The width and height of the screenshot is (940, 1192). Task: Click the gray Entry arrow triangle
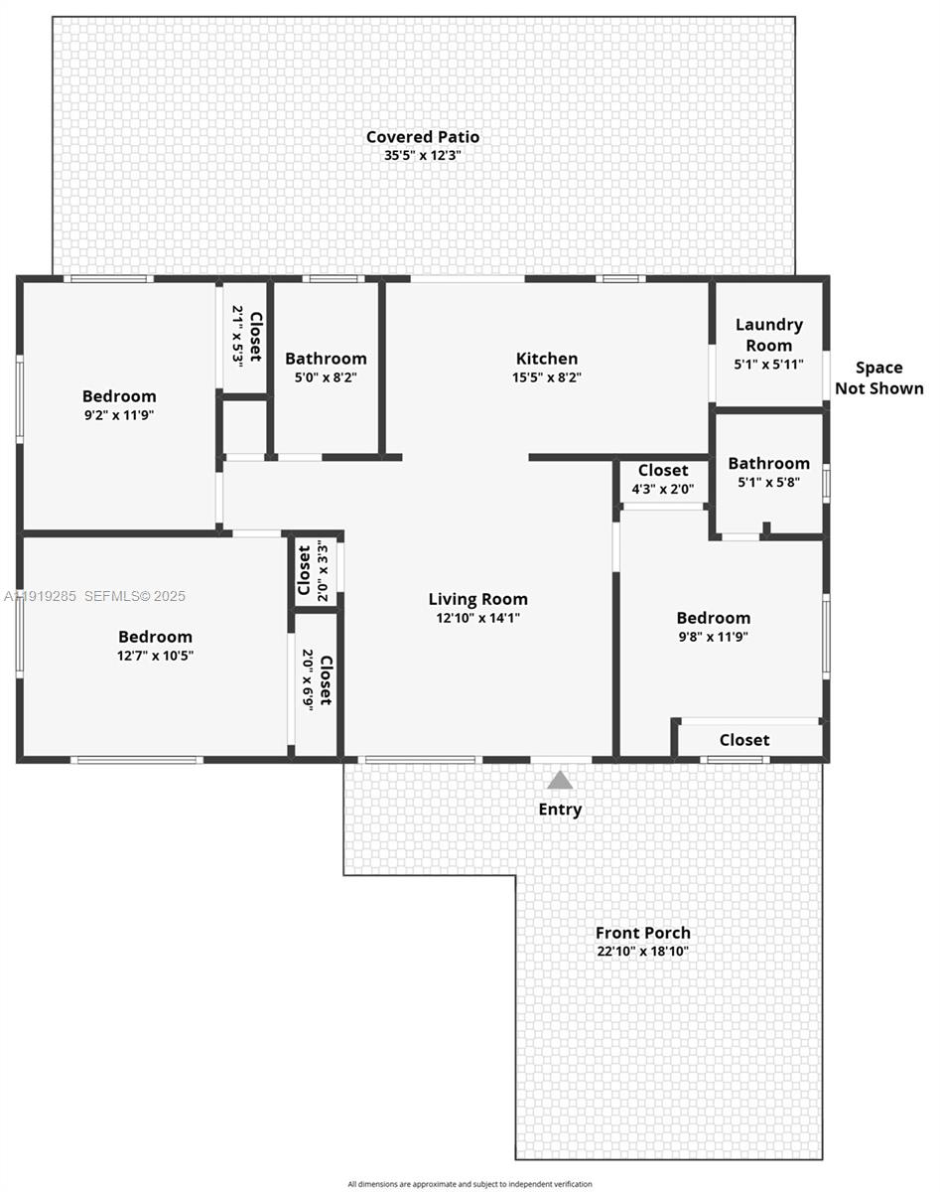point(560,780)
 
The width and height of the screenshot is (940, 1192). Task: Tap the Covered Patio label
point(423,137)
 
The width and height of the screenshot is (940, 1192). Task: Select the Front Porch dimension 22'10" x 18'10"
point(642,952)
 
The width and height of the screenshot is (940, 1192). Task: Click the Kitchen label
point(546,359)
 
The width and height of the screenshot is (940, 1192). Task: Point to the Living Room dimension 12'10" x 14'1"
point(477,618)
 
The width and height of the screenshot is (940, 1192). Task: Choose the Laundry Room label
point(768,334)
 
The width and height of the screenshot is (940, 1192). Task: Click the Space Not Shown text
point(878,378)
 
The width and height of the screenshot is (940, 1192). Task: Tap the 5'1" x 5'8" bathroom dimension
point(768,482)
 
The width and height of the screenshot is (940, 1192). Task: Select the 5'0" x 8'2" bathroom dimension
point(326,377)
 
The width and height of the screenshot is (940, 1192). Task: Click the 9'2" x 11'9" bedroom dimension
point(119,415)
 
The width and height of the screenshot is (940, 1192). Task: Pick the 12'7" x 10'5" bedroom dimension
point(155,656)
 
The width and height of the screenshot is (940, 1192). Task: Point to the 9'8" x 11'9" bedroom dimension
point(713,637)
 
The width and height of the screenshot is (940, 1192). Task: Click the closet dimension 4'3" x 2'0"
point(662,489)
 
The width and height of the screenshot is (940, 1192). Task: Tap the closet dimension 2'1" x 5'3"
point(237,337)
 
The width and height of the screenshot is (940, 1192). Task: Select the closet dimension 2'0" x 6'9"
point(308,679)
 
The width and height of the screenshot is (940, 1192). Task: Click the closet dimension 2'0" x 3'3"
point(322,571)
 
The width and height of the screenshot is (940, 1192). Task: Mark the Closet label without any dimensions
point(743,740)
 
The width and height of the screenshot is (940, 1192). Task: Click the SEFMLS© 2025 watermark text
point(135,596)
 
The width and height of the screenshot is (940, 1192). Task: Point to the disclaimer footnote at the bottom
point(470,1184)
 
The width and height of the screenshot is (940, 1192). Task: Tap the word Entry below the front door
point(560,810)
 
